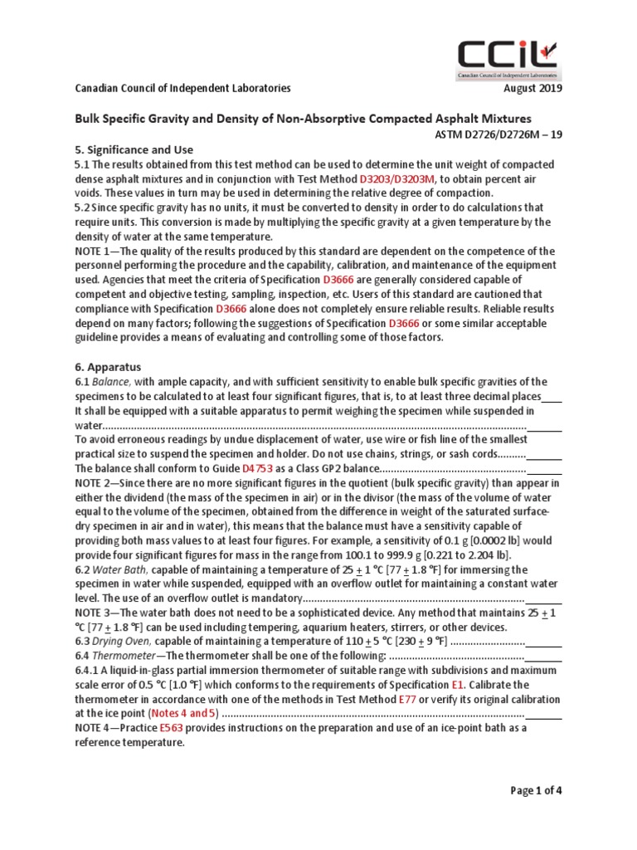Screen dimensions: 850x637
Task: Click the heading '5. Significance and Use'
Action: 134,149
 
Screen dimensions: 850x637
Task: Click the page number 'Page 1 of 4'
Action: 536,791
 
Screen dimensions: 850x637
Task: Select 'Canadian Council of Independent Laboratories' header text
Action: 183,90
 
